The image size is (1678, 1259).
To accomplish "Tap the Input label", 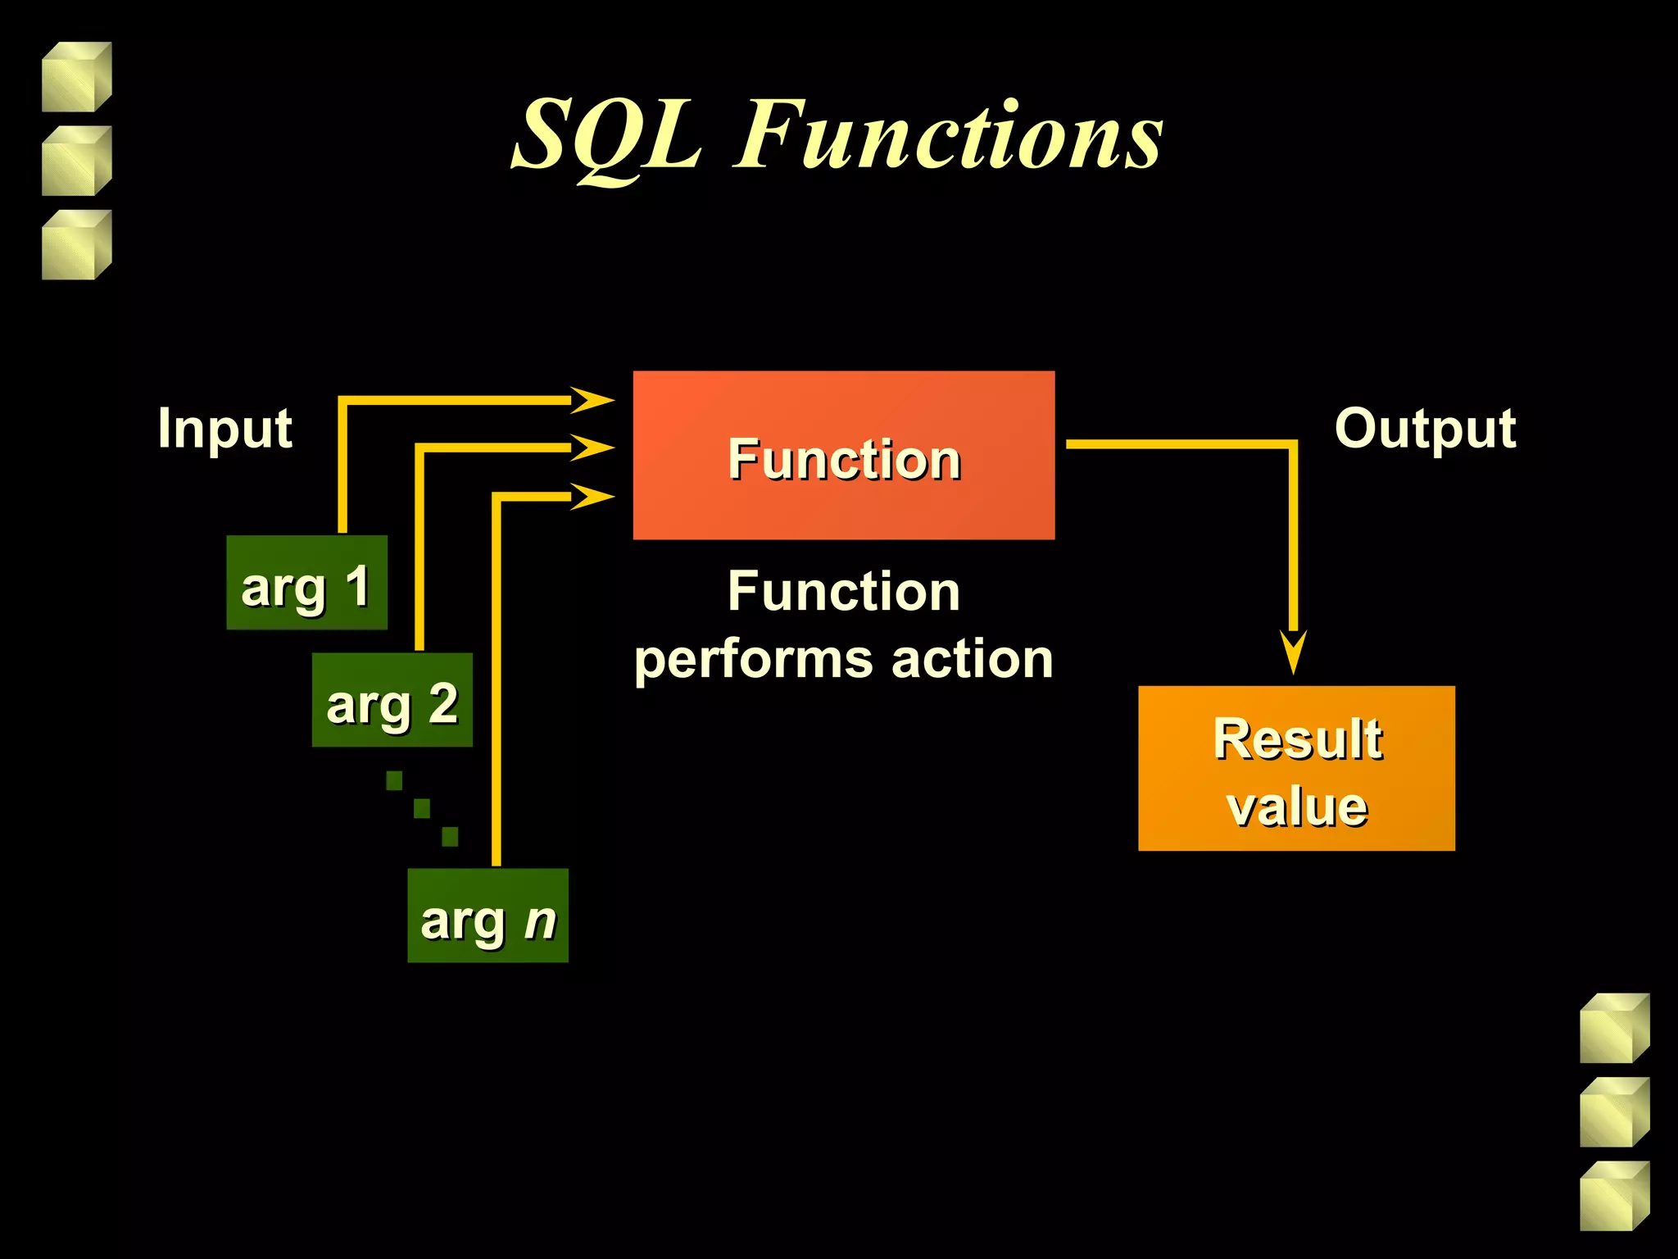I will [224, 428].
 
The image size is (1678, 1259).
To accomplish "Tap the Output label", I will [1425, 428].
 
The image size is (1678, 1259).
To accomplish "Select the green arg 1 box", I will [306, 583].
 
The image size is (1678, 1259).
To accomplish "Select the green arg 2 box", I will [392, 700].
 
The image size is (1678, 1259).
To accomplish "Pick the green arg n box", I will [488, 916].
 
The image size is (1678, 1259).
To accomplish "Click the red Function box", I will [843, 455].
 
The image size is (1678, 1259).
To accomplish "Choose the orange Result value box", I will [1296, 768].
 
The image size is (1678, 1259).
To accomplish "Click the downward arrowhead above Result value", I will [1293, 651].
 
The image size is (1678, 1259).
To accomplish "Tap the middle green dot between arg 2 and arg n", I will [422, 809].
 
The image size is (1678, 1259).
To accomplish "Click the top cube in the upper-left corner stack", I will [76, 77].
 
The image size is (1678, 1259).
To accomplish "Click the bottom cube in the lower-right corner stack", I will [1614, 1196].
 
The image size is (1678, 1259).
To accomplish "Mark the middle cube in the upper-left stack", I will [76, 161].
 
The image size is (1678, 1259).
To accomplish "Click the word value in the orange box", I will [1297, 807].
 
